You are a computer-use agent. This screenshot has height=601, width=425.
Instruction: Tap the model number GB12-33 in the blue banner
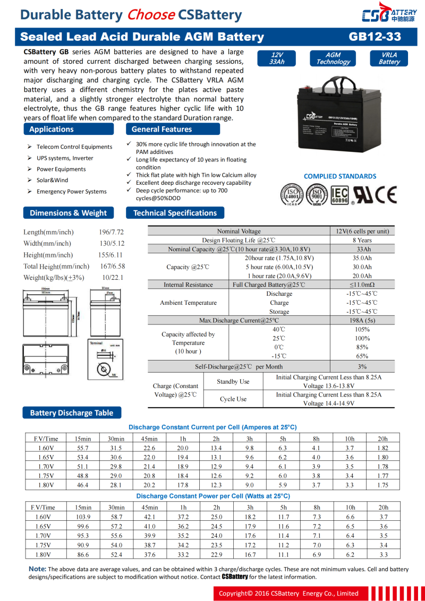click(375, 37)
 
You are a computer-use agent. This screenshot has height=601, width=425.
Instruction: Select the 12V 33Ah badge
click(277, 58)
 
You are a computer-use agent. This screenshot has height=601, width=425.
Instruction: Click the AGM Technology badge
click(333, 58)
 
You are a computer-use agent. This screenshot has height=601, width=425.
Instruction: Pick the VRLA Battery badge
click(389, 58)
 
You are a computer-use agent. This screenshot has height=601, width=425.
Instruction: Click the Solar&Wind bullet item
click(52, 180)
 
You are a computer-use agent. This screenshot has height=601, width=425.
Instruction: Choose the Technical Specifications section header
click(175, 213)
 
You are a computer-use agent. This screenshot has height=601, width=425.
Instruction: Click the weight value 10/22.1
click(113, 278)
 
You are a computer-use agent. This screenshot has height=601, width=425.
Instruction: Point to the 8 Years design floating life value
click(362, 240)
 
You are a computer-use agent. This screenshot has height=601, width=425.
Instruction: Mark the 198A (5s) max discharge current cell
click(362, 321)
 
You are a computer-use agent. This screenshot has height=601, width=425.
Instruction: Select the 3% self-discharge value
click(362, 366)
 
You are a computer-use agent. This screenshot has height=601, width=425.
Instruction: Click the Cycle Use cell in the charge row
click(234, 399)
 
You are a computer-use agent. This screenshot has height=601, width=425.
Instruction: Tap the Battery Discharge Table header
click(72, 413)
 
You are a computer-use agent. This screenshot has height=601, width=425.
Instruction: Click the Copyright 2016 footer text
click(288, 593)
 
